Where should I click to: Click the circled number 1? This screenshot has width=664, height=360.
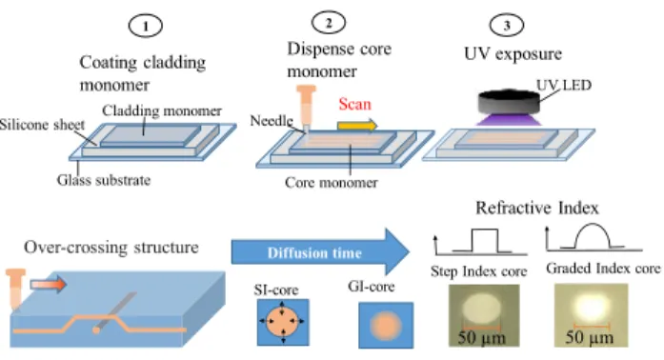(x=145, y=26)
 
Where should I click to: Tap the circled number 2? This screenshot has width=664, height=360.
(x=328, y=23)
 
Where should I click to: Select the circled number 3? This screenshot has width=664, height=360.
(x=507, y=25)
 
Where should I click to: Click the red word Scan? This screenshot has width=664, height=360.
(x=355, y=104)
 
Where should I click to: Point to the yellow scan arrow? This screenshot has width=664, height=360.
(x=357, y=126)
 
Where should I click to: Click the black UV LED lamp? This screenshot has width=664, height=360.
(x=509, y=103)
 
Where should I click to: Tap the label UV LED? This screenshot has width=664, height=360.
(x=564, y=85)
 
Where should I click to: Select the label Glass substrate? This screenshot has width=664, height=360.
(x=104, y=180)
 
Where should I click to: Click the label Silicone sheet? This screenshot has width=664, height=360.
(x=42, y=125)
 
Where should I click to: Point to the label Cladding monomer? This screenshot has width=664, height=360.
(x=162, y=111)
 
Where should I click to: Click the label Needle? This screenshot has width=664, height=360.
(x=272, y=121)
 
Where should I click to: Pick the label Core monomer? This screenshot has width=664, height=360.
(x=332, y=183)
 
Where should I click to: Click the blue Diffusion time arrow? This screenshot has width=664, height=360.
(x=320, y=252)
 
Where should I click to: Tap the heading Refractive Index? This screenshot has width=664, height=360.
(x=537, y=208)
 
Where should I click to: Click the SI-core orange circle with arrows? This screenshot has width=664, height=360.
(x=283, y=322)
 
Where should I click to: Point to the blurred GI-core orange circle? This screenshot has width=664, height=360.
(x=386, y=326)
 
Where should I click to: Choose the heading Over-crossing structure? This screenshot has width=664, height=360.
(x=111, y=248)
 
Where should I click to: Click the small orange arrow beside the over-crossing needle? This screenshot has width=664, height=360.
(x=49, y=284)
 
